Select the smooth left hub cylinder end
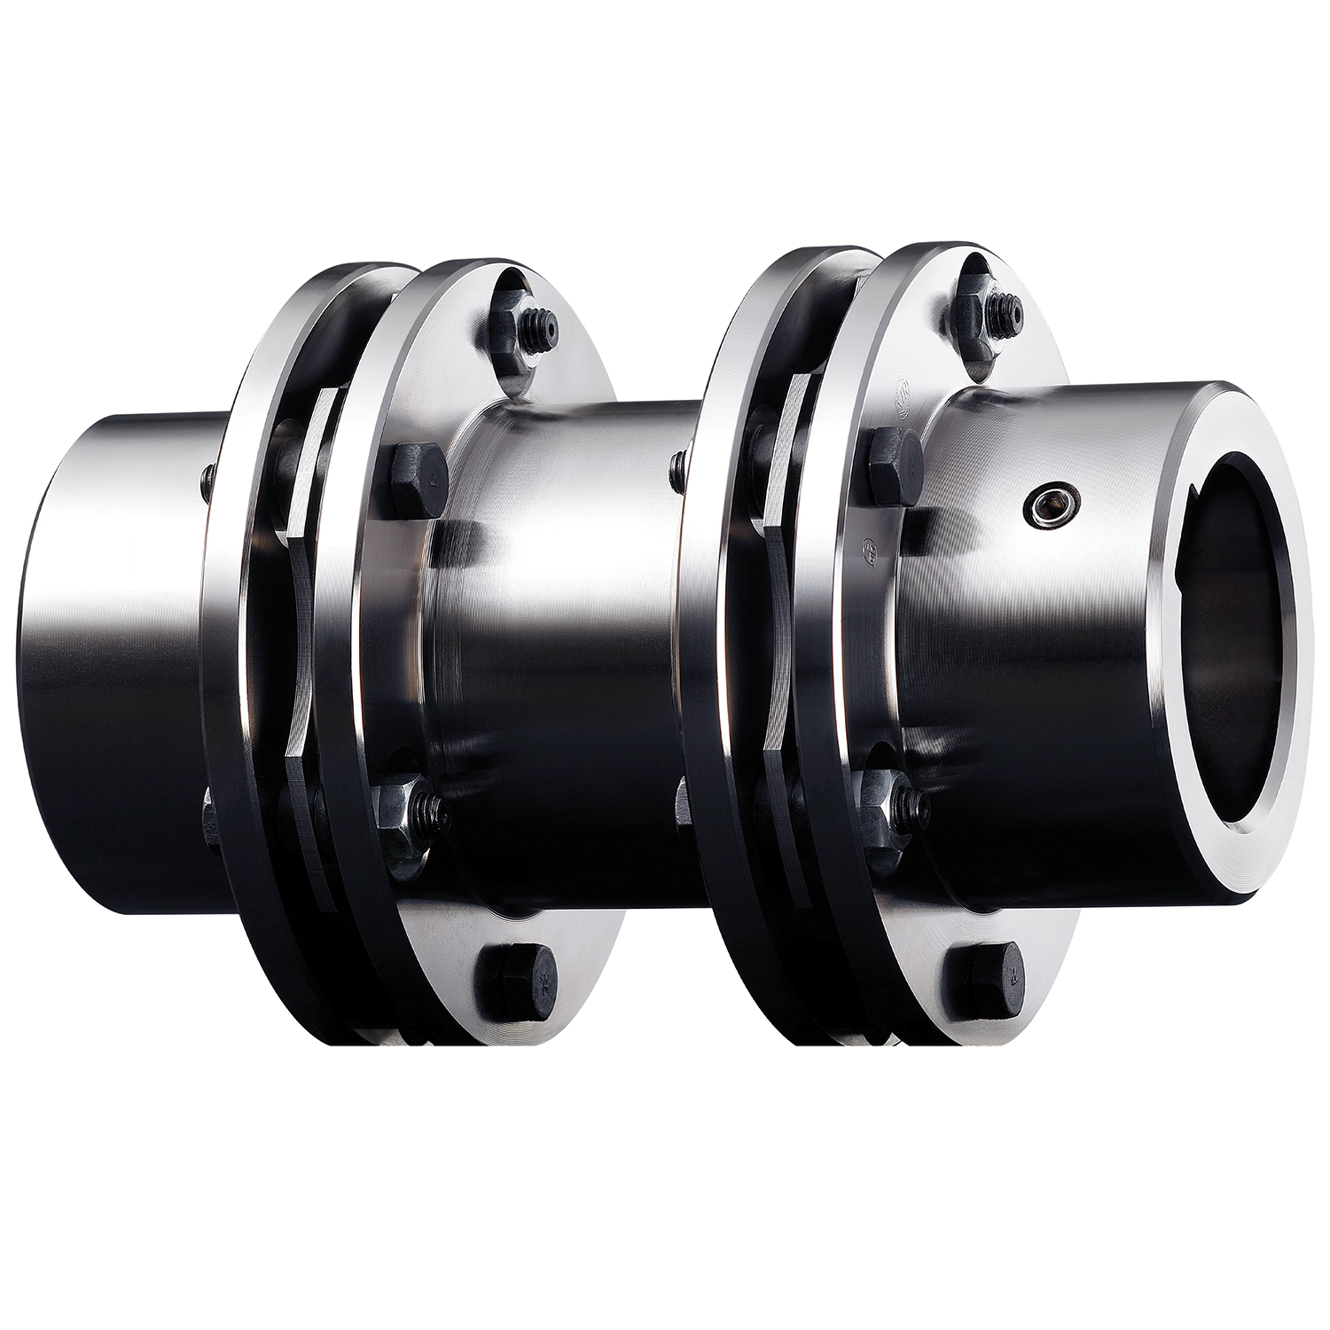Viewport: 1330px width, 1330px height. tap(115, 585)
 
